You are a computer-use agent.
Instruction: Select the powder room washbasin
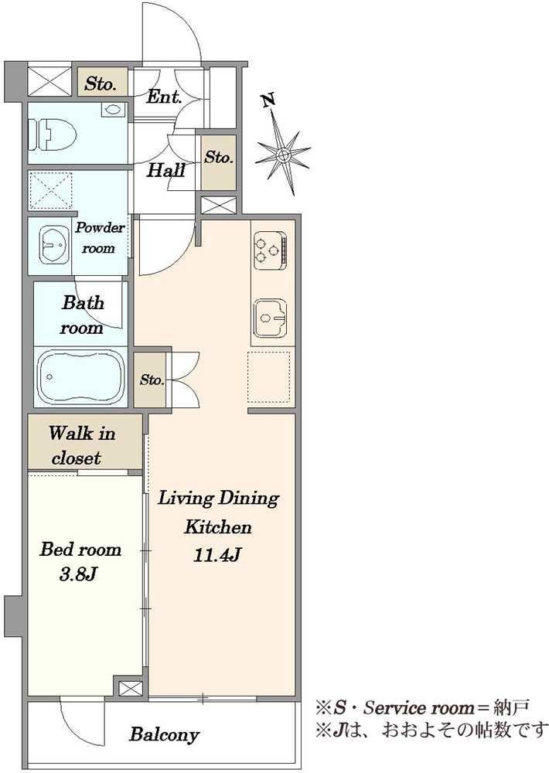[x=55, y=245]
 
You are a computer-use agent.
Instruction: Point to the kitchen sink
[x=271, y=318]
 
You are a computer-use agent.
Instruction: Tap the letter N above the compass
[x=268, y=100]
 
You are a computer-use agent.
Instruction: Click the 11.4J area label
[x=217, y=556]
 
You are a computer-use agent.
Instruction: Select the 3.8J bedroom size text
[x=77, y=574]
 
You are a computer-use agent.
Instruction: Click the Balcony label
[x=164, y=734]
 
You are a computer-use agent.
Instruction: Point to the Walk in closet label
[x=82, y=446]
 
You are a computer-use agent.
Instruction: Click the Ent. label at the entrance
[x=164, y=97]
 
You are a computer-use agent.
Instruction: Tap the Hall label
[x=166, y=171]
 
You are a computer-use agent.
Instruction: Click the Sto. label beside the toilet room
[x=100, y=83]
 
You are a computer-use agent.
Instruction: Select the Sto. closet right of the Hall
[x=219, y=162]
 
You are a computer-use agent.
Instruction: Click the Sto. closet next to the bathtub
[x=151, y=380]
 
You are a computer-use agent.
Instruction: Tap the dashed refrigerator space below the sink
[x=268, y=377]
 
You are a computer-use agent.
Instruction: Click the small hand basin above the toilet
[x=113, y=110]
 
